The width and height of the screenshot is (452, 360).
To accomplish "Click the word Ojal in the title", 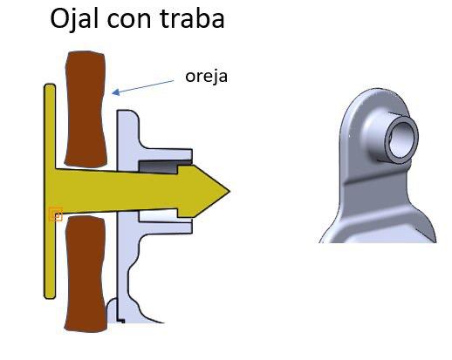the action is click(74, 18).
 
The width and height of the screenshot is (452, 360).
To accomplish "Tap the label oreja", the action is click(206, 77).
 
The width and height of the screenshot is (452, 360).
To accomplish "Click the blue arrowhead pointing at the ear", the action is click(116, 92).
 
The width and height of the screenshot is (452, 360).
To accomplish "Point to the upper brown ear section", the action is click(86, 109).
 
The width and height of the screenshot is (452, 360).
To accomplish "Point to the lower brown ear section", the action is click(86, 274).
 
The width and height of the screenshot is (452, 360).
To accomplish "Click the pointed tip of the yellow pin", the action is click(229, 192).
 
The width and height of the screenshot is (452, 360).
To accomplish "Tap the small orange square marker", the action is click(56, 214).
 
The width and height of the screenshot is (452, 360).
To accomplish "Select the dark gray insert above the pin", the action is click(164, 166).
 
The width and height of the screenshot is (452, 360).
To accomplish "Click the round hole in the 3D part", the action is click(403, 139).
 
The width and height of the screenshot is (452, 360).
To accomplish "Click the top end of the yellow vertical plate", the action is click(50, 85).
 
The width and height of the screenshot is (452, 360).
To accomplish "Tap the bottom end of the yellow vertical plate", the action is click(50, 297).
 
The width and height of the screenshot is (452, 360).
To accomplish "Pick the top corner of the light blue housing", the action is click(119, 111).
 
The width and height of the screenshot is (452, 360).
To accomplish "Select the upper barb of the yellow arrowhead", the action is click(179, 166).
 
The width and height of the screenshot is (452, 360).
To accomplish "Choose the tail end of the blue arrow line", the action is click(174, 81).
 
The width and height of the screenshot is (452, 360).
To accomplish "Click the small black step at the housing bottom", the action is click(121, 321).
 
